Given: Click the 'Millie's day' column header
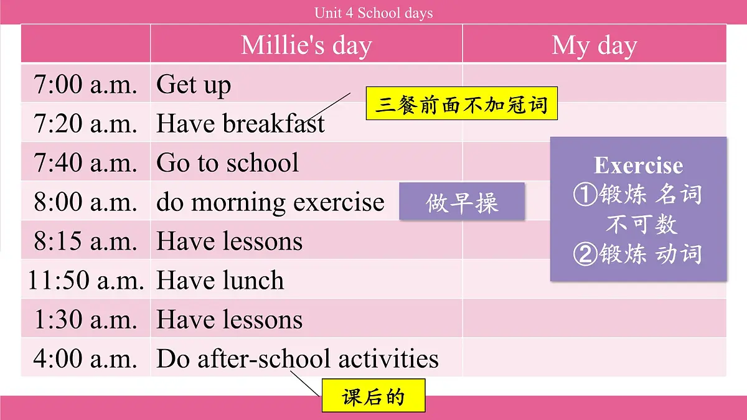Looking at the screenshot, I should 306,45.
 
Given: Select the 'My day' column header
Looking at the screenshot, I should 594,45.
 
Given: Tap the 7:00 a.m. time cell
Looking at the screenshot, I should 85,85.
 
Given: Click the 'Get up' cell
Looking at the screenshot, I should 194,85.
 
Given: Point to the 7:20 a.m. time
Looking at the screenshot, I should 85,124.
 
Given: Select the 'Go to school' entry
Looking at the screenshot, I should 227,163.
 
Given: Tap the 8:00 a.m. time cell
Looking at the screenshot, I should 85,202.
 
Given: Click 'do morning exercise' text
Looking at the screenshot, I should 270,202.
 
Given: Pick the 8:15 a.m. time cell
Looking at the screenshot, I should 85,241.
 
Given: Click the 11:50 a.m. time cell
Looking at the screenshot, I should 85,281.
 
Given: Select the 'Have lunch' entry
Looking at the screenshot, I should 220,281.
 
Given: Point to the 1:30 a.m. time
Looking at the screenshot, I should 85,320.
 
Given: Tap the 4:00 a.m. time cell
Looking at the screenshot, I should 85,359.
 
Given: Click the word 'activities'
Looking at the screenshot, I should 388,359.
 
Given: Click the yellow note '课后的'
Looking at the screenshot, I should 373,396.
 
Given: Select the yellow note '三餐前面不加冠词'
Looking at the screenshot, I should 461,104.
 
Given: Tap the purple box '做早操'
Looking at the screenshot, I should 462,202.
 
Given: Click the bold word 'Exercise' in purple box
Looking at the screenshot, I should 638,166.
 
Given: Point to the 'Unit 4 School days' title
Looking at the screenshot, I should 374,13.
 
